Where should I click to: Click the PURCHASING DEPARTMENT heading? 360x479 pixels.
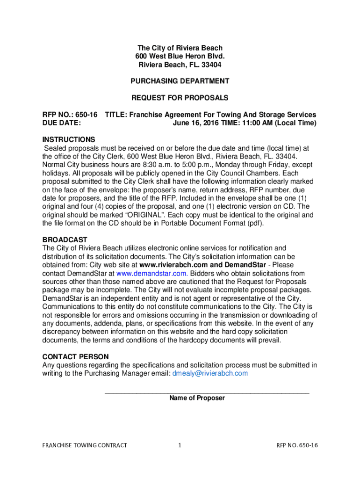tap(180, 81)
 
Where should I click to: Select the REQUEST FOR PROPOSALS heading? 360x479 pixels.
tap(180, 98)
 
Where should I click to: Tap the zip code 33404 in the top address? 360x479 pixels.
tap(211, 65)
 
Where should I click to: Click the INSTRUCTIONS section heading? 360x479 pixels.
tap(69, 140)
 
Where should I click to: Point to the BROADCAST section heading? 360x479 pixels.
tap(65, 240)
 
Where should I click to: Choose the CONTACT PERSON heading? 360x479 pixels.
tap(76, 357)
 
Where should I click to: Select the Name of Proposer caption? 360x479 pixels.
tap(197, 399)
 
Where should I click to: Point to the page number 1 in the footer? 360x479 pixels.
tap(180, 446)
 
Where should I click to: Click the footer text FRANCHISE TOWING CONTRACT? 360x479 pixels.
tap(85, 446)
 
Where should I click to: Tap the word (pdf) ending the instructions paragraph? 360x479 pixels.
tap(254, 223)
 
